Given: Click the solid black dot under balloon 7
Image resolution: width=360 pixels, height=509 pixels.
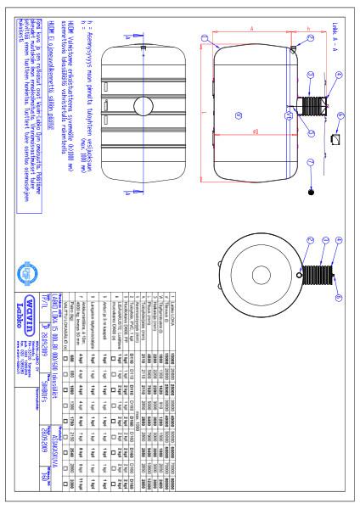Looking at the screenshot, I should coord(312,192).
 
